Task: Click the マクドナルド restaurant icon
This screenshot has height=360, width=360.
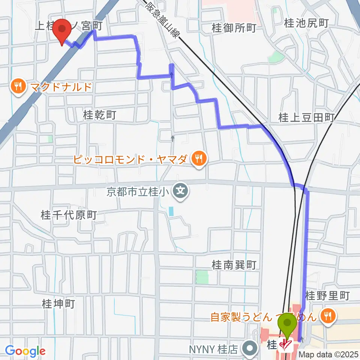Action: [x=17, y=87]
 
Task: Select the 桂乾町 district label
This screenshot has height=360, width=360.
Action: [x=100, y=115]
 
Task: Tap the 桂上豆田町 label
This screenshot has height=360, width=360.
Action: [x=306, y=118]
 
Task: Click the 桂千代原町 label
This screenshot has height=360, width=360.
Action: [x=69, y=215]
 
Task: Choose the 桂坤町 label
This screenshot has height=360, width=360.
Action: [x=58, y=303]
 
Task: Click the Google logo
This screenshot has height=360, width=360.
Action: [x=25, y=351]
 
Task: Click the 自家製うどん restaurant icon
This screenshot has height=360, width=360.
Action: [x=328, y=316]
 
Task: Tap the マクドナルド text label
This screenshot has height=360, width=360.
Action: [x=61, y=87]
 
